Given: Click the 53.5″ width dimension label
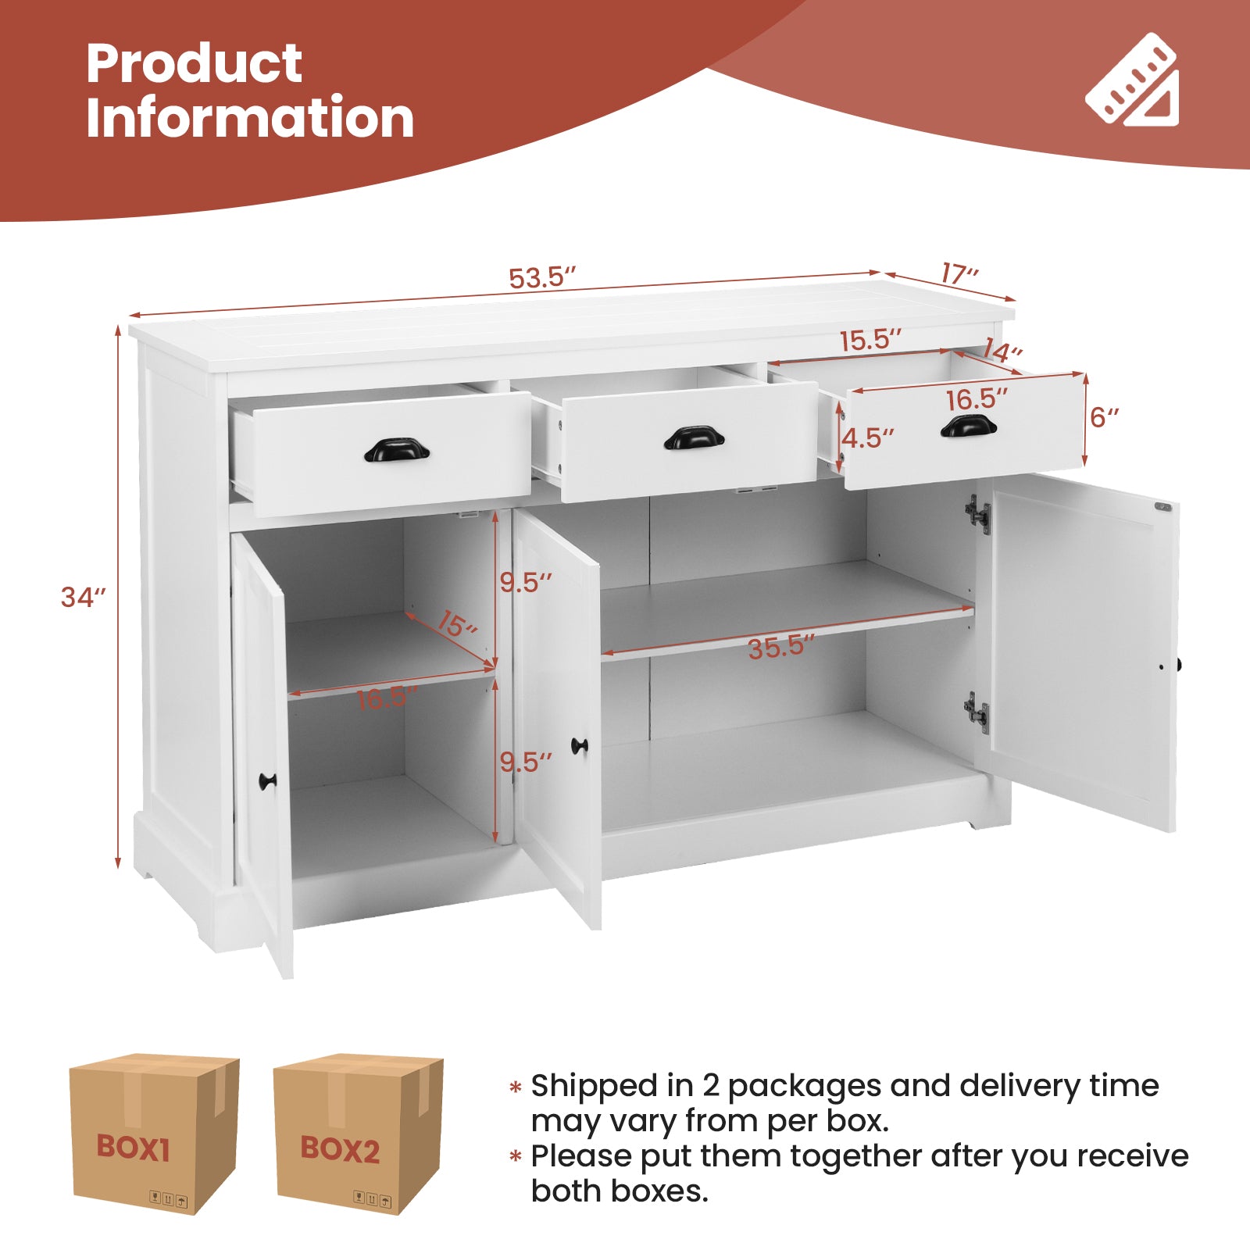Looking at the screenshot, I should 541,278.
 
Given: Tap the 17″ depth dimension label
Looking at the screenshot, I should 959,274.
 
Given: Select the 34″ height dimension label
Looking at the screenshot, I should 82,597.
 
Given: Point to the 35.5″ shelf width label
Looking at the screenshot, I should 780,647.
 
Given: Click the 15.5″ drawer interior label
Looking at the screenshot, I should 870,340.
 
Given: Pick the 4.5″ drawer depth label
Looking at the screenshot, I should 867,438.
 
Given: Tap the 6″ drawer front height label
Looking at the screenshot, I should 1104,417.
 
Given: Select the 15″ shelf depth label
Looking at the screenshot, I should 457,624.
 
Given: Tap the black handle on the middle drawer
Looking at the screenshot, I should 694,437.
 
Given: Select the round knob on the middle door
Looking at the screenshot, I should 579,745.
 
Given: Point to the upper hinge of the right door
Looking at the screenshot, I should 977,514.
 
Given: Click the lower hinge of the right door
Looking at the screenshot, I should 977,712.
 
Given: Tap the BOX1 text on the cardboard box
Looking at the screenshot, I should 133,1148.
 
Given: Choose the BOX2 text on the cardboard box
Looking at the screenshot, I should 340,1149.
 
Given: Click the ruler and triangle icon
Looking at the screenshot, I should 1133,81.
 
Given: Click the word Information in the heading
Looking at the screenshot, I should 250,118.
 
